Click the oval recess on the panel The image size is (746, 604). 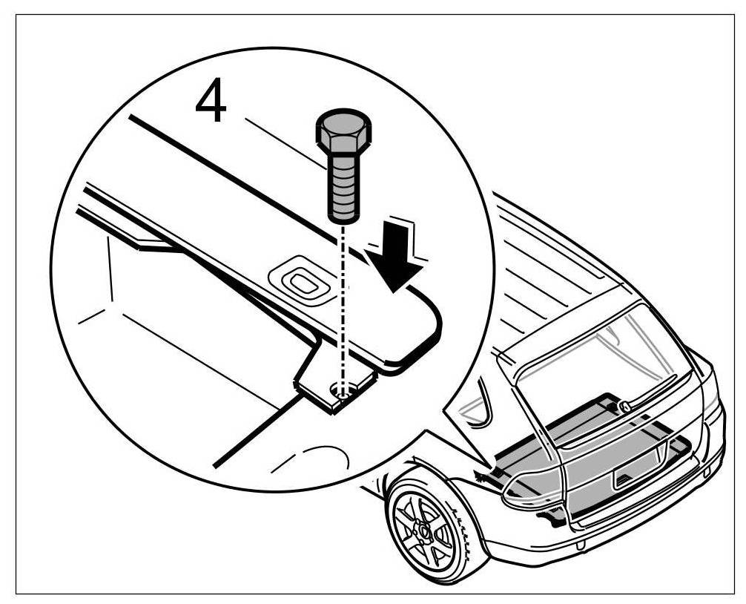pos(302,283)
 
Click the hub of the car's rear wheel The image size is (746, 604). pos(425,530)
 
